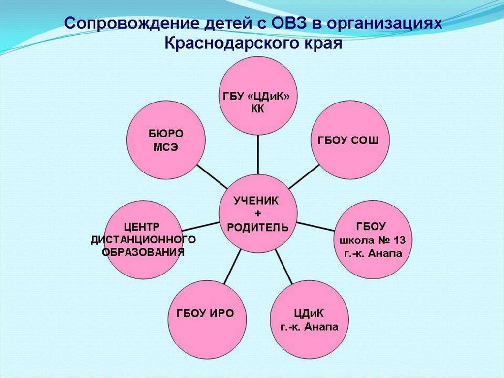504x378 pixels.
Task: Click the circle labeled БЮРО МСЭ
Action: (x=165, y=140)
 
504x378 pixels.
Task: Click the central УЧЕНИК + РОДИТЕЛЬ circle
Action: (x=257, y=213)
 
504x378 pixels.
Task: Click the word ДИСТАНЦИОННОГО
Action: (x=143, y=240)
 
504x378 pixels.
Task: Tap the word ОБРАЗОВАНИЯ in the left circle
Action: (x=143, y=252)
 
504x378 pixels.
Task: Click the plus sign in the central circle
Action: (x=258, y=213)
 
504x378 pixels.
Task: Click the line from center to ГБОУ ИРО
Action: (x=232, y=267)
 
